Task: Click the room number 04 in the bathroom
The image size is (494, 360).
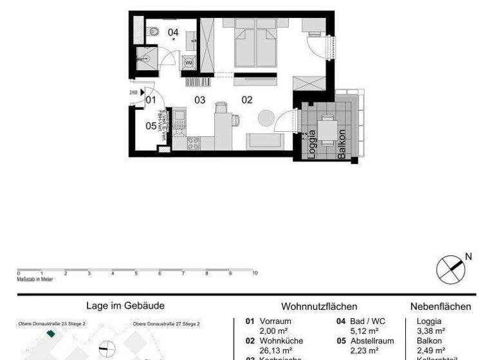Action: [173, 32]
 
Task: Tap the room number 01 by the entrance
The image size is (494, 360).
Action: [151, 100]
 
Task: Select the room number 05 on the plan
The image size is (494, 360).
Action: [151, 125]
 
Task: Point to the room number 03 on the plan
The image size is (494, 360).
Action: [200, 100]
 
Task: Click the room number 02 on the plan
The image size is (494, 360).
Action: [247, 100]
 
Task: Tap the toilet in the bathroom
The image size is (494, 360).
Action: [154, 32]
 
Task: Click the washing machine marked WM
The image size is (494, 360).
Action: [189, 62]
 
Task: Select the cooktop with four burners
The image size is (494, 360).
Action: [194, 143]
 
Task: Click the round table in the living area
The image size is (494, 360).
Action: [266, 118]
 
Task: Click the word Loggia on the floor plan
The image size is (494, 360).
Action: [313, 144]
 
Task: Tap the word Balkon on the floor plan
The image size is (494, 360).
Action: [342, 144]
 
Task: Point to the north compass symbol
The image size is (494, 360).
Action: [450, 269]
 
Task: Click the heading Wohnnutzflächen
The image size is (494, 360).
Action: [319, 307]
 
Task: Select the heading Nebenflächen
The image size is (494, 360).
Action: [441, 307]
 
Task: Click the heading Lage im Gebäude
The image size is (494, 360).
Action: [125, 306]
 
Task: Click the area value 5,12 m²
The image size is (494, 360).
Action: [361, 331]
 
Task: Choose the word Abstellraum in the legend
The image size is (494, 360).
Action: [372, 341]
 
